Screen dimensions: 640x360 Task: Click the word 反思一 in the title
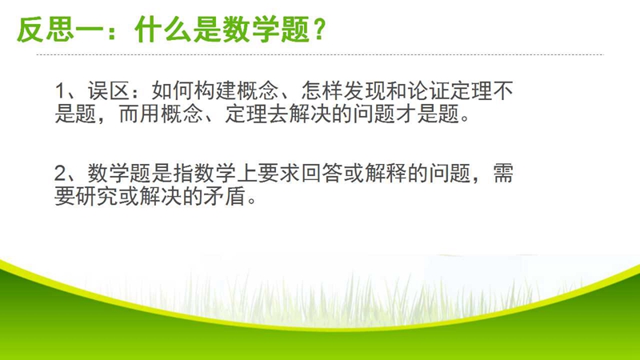click(59, 30)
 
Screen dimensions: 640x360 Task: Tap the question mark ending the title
click(319, 29)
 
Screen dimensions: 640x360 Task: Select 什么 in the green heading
click(162, 30)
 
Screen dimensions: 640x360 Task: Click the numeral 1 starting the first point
click(60, 91)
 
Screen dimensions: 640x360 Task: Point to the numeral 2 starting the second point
click(60, 174)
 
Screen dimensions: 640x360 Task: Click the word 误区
click(109, 91)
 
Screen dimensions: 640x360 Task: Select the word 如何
click(173, 91)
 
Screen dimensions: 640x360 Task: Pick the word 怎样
click(322, 91)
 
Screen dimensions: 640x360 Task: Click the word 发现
click(365, 91)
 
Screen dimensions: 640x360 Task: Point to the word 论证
click(429, 91)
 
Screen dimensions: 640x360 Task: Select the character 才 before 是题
click(406, 114)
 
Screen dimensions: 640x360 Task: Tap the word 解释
click(386, 173)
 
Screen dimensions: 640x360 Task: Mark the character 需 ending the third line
click(503, 173)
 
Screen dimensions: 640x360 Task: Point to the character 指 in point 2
click(183, 173)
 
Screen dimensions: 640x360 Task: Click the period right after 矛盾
click(252, 202)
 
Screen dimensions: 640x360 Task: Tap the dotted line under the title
click(320, 54)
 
